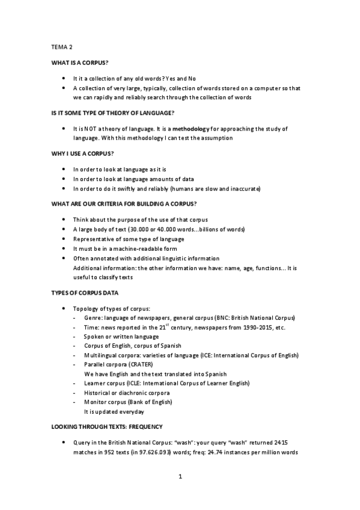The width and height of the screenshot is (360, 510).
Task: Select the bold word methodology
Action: [x=192, y=129]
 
